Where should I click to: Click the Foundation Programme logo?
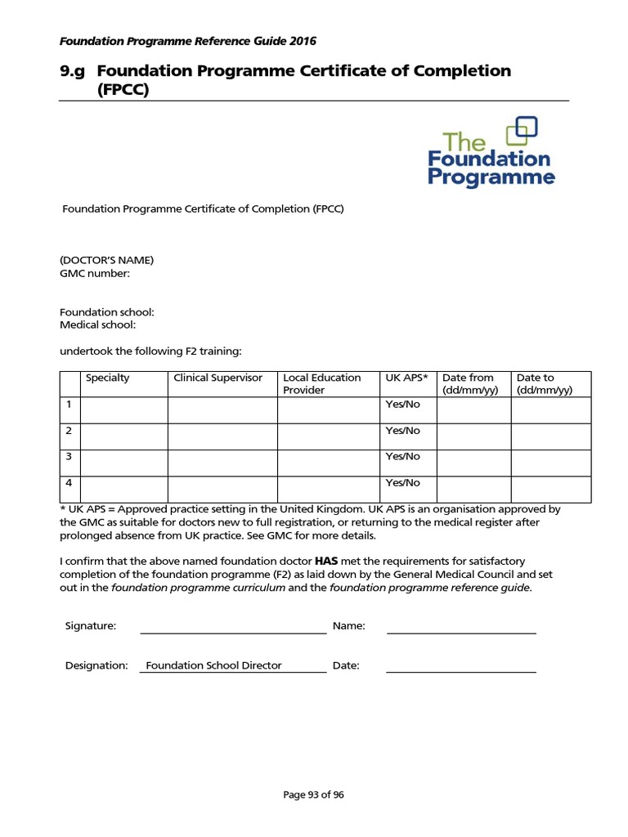tap(491, 153)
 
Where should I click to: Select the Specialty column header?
tap(107, 378)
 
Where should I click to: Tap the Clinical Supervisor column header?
tap(218, 378)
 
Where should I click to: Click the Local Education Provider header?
tap(321, 383)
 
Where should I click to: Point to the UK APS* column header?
tap(406, 378)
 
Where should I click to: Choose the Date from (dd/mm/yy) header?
tap(468, 383)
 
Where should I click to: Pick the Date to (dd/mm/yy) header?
tap(544, 383)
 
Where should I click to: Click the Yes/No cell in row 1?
tap(402, 405)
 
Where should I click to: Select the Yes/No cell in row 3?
tap(402, 456)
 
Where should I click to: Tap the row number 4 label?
tap(70, 482)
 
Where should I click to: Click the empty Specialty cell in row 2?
tap(124, 436)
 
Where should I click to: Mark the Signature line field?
tap(233, 626)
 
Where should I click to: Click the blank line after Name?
tap(461, 626)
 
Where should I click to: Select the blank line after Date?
tap(460, 665)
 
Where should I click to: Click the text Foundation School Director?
tap(213, 665)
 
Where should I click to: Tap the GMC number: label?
tap(95, 273)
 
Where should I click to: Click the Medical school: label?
tap(97, 325)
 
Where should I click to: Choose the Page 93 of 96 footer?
tap(313, 794)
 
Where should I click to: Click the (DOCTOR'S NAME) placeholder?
tap(106, 260)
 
